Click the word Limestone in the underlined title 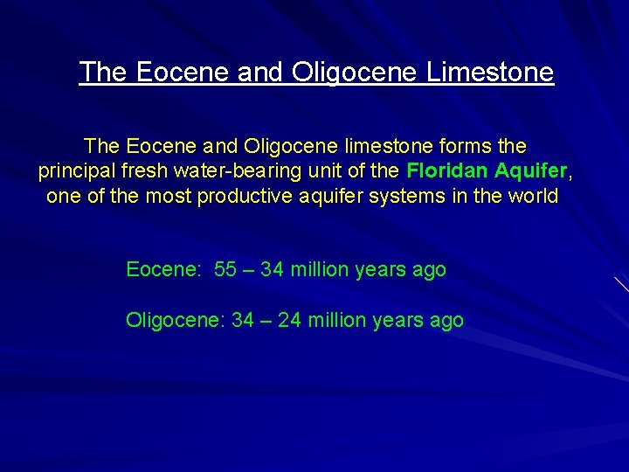pyautogui.click(x=490, y=72)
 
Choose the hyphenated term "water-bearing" pyautogui.click(x=235, y=170)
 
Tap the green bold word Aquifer pyautogui.click(x=532, y=170)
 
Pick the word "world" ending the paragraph pyautogui.click(x=530, y=196)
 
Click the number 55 pyautogui.click(x=225, y=269)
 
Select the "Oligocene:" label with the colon pyautogui.click(x=176, y=321)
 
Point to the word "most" pyautogui.click(x=169, y=196)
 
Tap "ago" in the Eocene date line pyautogui.click(x=429, y=270)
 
